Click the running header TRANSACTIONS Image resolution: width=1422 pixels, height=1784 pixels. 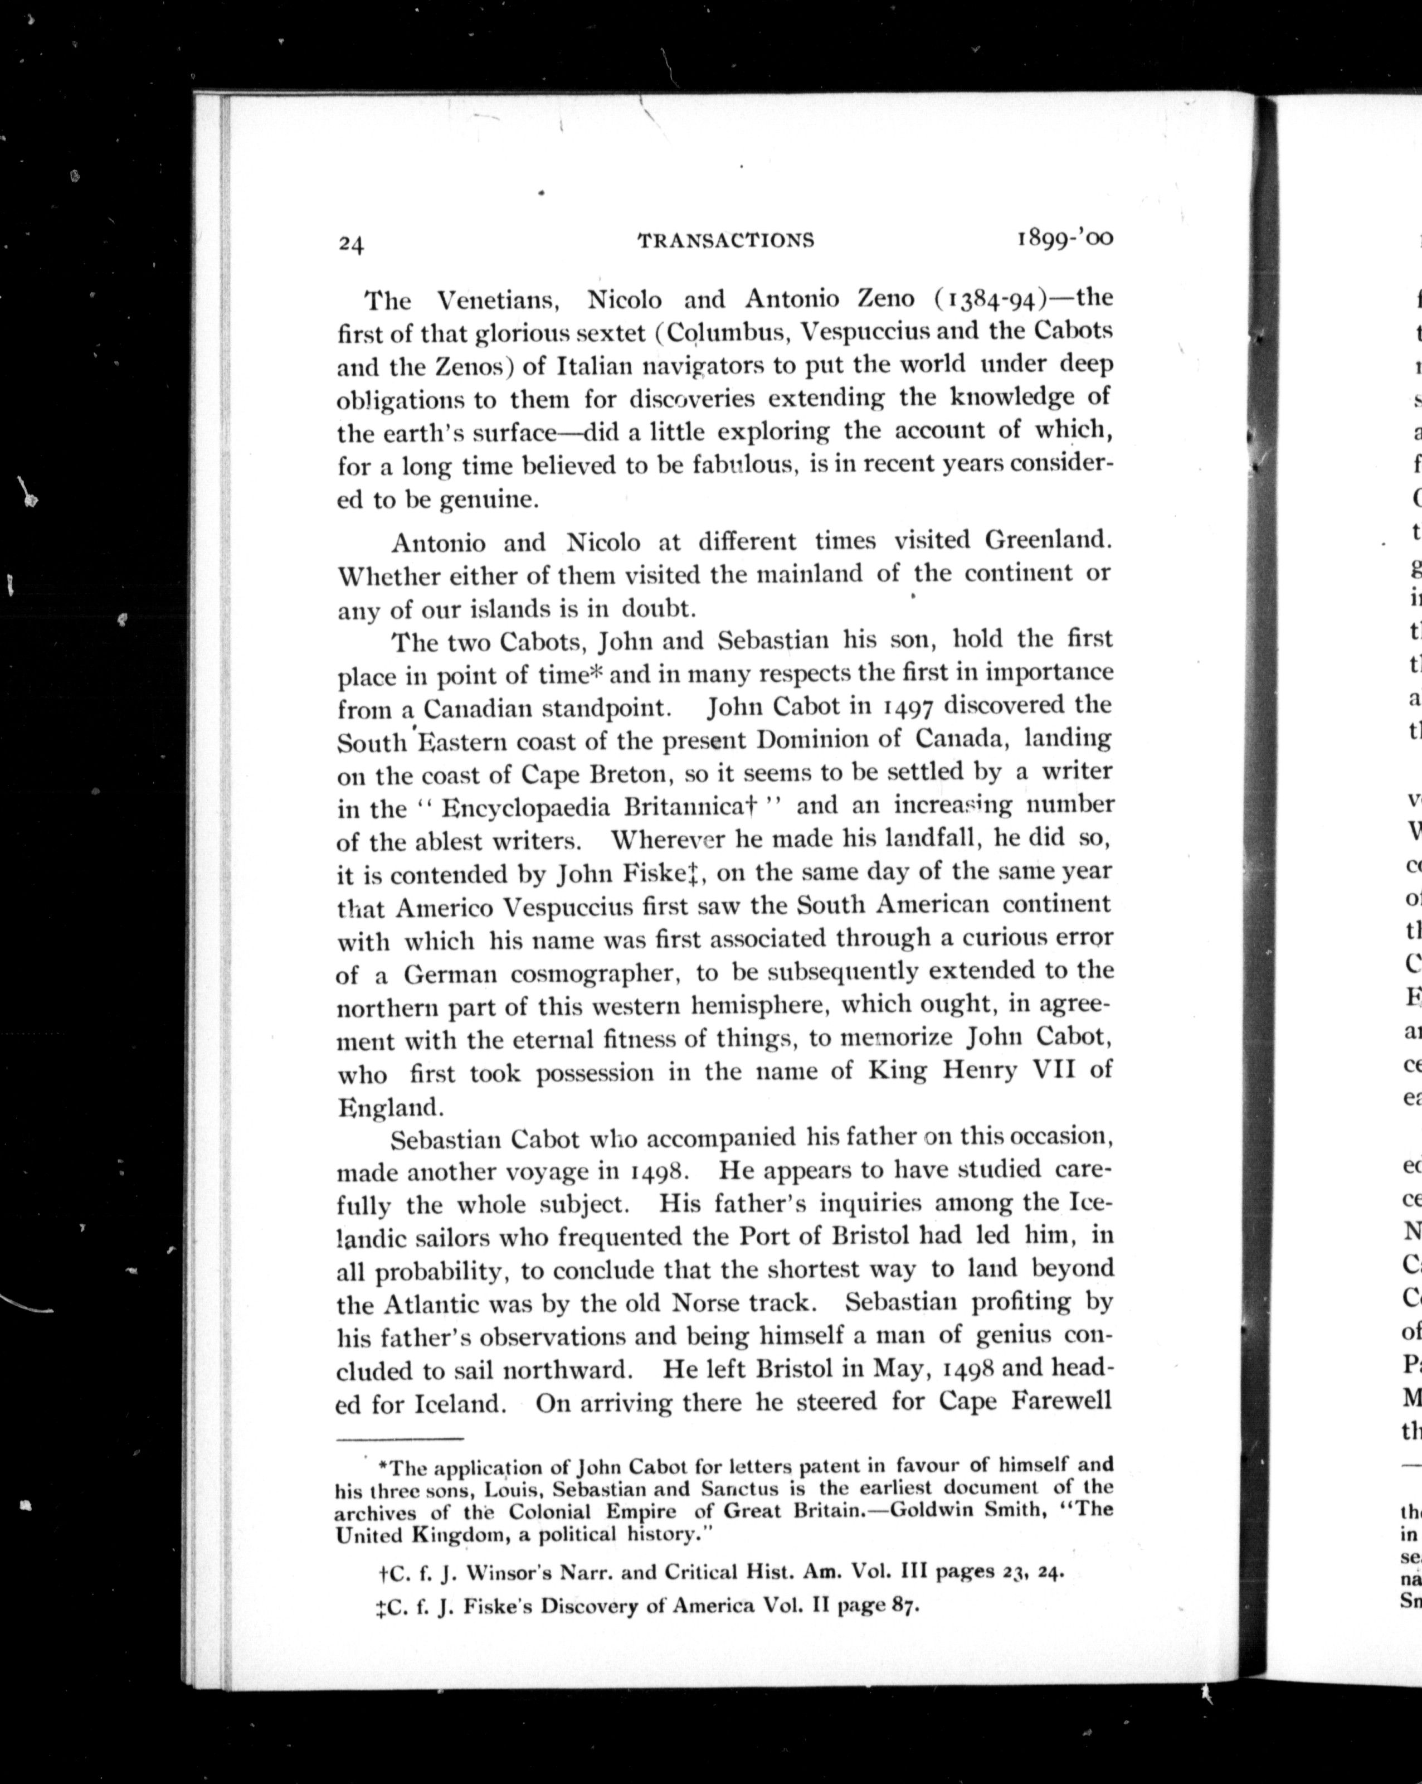click(725, 241)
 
